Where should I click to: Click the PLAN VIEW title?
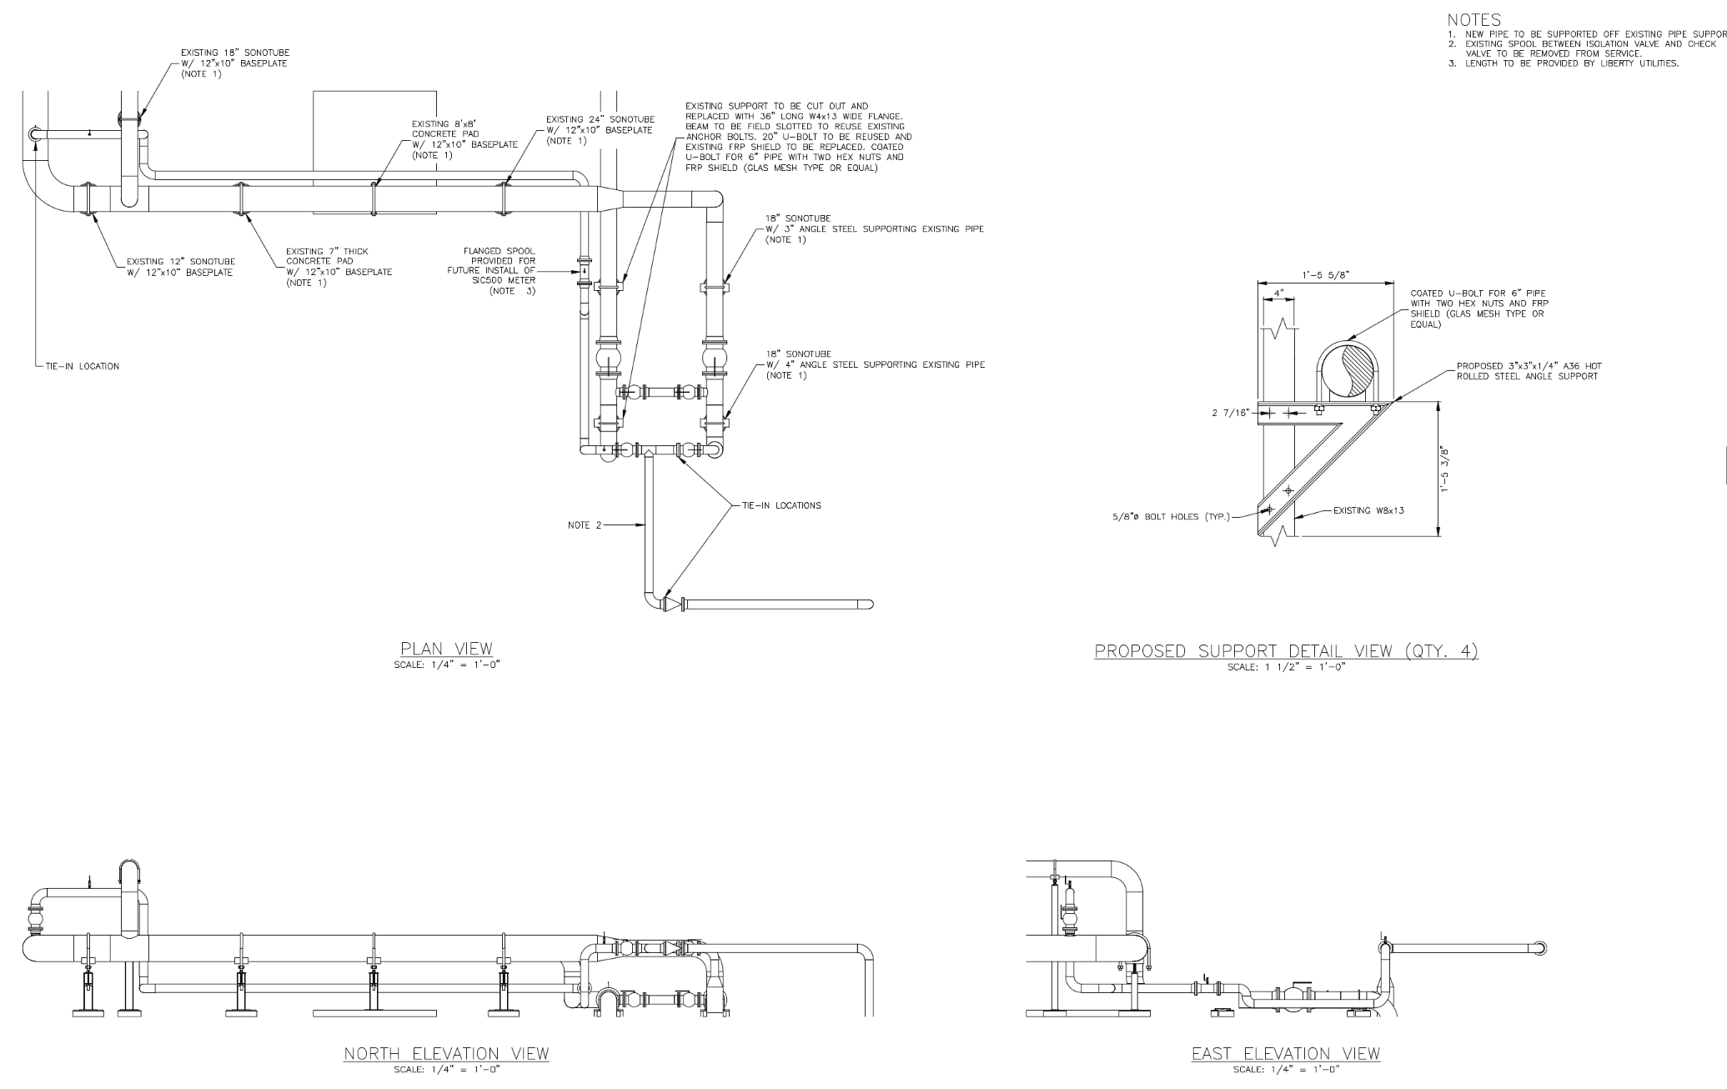(x=446, y=649)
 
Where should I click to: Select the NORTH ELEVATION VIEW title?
(x=446, y=1054)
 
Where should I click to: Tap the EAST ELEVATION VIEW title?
(x=1285, y=1054)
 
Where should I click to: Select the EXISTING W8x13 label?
(x=1368, y=510)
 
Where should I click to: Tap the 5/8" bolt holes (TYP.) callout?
(x=1172, y=515)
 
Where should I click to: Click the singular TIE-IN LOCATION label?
(x=83, y=366)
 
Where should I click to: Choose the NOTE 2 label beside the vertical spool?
(x=584, y=524)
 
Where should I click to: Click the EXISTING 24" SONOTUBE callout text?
(x=600, y=130)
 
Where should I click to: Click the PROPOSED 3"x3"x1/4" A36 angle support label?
(x=1528, y=371)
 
